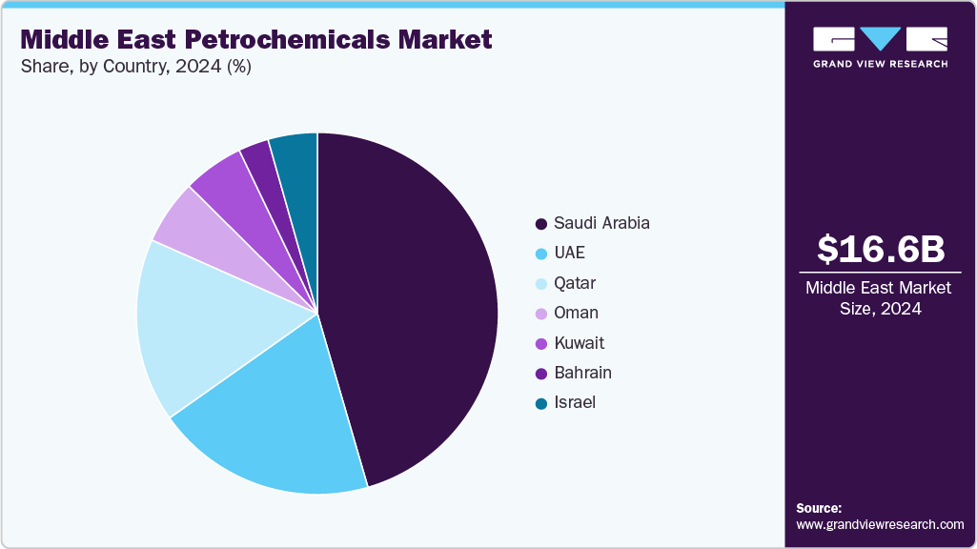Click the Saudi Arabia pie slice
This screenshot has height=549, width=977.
[x=410, y=305]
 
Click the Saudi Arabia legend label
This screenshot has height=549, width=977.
[x=601, y=223]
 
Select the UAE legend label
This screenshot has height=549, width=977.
[x=569, y=254]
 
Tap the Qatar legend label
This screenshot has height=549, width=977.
[x=574, y=283]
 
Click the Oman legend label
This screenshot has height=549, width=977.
[x=576, y=313]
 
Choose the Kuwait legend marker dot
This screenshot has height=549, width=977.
[x=541, y=343]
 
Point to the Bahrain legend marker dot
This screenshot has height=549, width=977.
[x=541, y=373]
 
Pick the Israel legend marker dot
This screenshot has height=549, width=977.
[x=541, y=403]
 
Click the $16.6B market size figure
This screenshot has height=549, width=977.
[x=880, y=249]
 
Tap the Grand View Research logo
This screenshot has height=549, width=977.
[x=880, y=47]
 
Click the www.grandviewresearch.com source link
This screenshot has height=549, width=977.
[x=880, y=525]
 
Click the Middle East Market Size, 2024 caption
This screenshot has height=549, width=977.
[x=880, y=297]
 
